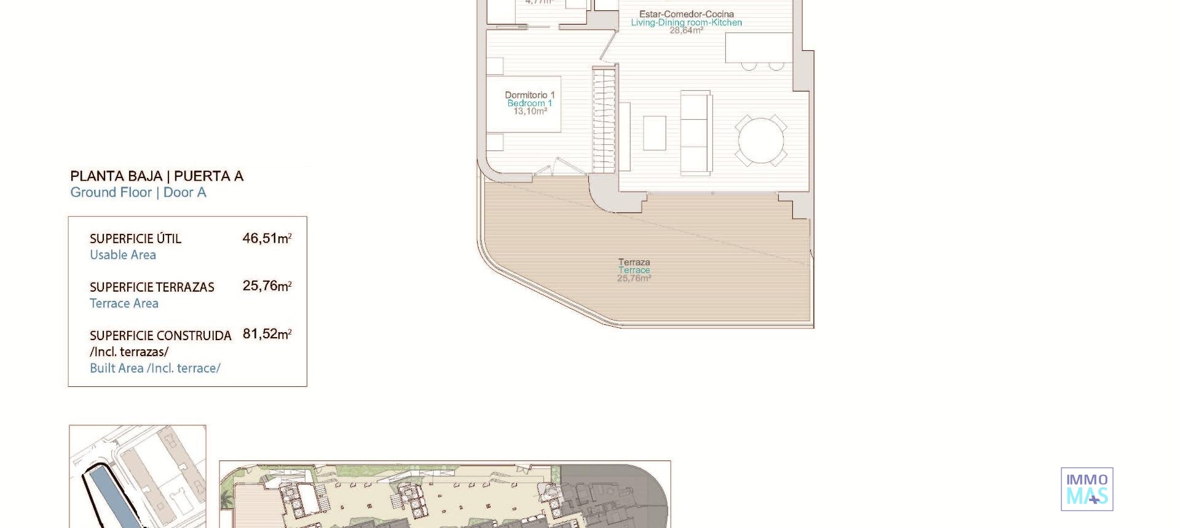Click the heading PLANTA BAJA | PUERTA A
point(157,176)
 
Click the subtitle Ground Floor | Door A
point(138,193)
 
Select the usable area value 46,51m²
point(267,238)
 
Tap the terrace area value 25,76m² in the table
point(267,286)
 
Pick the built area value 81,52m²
point(267,334)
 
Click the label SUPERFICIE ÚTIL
point(135,239)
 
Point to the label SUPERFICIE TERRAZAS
point(152,287)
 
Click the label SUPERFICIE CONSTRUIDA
point(160,336)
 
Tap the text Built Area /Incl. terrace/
point(155,368)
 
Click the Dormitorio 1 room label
point(530,95)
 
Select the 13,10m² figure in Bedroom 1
point(530,112)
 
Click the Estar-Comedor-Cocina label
point(686,14)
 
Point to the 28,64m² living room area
point(686,30)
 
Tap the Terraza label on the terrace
point(634,262)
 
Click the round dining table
point(761,141)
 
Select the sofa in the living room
point(696,132)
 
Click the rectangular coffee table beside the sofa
point(655,133)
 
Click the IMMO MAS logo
point(1087,489)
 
